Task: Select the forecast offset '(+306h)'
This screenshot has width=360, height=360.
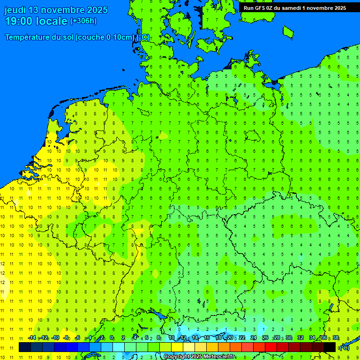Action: tap(83, 21)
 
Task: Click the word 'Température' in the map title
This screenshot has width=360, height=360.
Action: tap(29, 37)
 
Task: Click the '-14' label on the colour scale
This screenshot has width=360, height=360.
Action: tap(32, 337)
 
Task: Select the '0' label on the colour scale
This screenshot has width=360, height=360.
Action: tap(112, 337)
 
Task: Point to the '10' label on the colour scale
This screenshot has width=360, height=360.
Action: tap(172, 337)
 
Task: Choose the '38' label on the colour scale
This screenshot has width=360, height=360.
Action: tap(336, 337)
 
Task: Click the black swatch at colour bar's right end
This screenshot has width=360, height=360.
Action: tap(330, 347)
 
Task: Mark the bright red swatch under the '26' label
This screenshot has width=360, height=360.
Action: tap(271, 347)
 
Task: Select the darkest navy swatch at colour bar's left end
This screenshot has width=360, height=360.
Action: tap(25, 347)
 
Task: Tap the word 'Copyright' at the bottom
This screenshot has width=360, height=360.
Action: tap(176, 357)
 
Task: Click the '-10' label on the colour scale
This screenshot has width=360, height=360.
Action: tap(55, 337)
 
